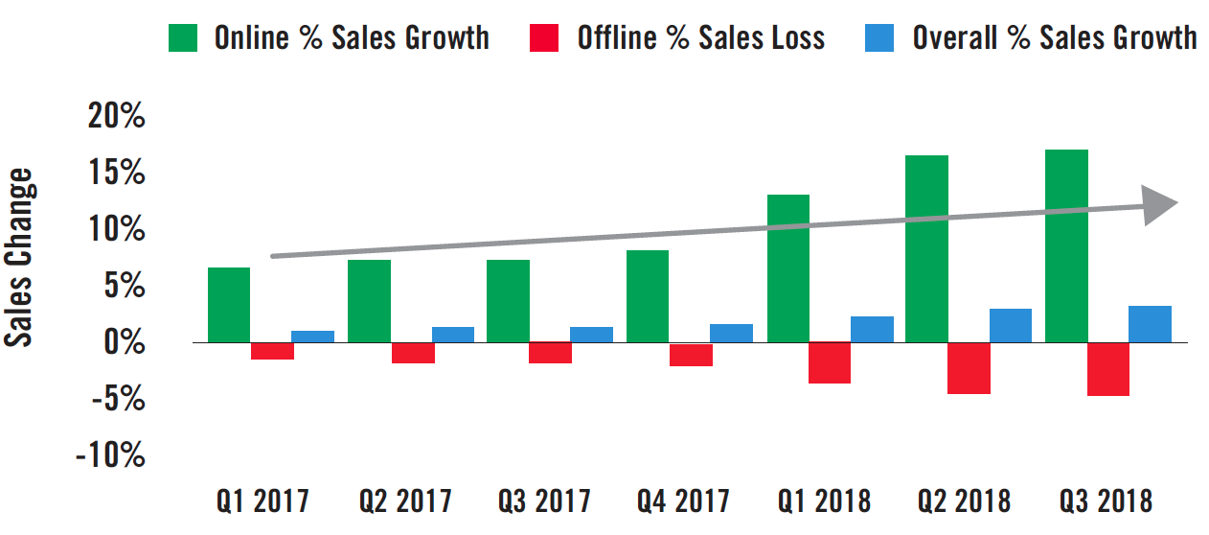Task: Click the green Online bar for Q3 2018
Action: [x=1066, y=245]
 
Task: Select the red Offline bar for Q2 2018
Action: [x=969, y=368]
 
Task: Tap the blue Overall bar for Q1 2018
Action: [x=872, y=329]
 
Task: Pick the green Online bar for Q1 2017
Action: [x=229, y=305]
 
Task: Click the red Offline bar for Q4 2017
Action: [x=691, y=355]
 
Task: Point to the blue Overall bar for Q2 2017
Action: [x=453, y=335]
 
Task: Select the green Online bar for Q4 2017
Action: [x=648, y=296]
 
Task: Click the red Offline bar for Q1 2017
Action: [x=272, y=351]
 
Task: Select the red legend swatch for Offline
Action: [x=544, y=37]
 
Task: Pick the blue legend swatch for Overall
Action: [x=880, y=37]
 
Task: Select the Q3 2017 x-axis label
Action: [x=544, y=500]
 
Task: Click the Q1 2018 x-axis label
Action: [x=824, y=500]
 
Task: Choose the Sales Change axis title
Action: [x=21, y=258]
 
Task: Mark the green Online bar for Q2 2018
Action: [x=926, y=248]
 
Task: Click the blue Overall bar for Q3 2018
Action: [x=1150, y=324]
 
